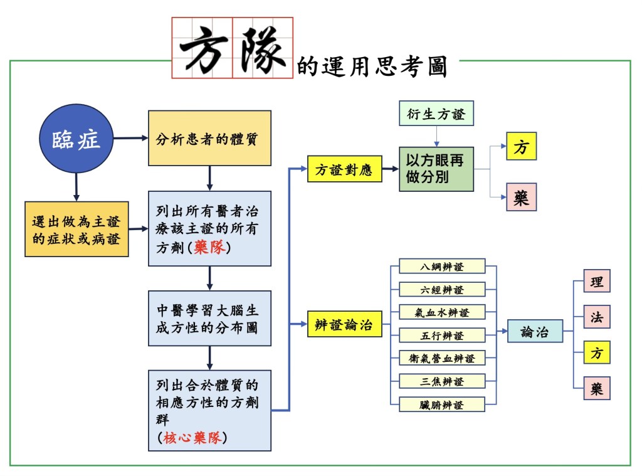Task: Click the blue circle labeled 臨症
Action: coord(76,139)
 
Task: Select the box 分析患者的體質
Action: coord(209,138)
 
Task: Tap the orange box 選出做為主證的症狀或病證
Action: coord(76,229)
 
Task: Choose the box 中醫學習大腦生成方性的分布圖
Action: coord(209,318)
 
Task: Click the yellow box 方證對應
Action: coord(345,169)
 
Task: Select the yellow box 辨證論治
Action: coord(345,325)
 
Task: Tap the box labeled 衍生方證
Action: coord(436,115)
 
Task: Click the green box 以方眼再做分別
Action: coord(436,169)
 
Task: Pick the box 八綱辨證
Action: coord(442,266)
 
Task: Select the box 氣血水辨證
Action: coord(442,312)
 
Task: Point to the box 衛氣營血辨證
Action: coord(442,358)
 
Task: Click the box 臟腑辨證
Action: coord(442,405)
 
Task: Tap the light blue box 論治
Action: coord(535,332)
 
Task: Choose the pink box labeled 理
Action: coord(596,281)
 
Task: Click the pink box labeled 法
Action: coord(596,317)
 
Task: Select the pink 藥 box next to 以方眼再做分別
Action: coord(521,197)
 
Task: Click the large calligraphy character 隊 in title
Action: coord(262,48)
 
